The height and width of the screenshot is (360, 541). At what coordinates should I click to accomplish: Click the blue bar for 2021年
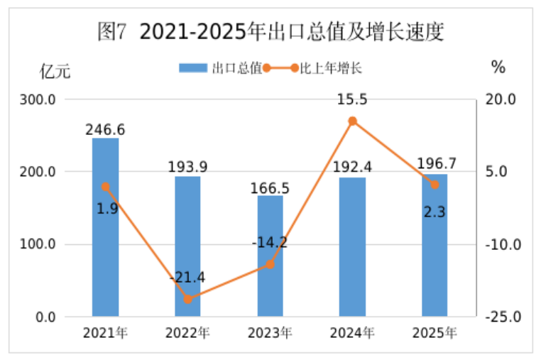pos(105,227)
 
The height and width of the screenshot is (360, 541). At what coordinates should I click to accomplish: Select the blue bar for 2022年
pos(187,246)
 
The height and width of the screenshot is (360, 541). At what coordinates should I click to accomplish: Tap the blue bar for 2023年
pos(270,256)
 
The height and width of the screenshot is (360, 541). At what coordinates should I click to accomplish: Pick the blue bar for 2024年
pos(352,246)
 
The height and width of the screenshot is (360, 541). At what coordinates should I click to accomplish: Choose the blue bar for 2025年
pos(435,245)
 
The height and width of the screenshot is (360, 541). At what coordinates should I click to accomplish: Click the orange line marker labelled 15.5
pos(352,121)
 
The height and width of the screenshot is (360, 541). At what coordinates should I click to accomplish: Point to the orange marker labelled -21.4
pos(187,299)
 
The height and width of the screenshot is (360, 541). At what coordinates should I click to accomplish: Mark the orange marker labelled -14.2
pos(270,264)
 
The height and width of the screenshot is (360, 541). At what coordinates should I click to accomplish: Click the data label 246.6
pos(105,130)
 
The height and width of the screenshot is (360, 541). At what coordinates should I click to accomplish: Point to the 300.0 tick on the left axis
pos(41,99)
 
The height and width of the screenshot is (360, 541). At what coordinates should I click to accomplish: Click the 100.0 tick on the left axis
pos(41,245)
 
